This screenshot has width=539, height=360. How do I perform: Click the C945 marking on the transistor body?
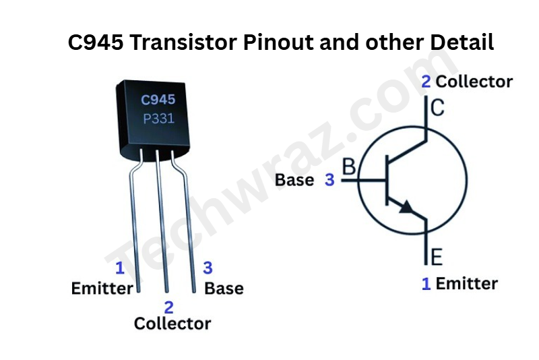coord(158,100)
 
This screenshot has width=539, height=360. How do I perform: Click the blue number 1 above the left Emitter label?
coord(120,268)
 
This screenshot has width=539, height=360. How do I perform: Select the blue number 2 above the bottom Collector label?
coord(168,307)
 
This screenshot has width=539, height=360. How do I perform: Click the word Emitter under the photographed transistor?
coord(102,289)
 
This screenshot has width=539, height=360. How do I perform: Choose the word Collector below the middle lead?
coord(172,324)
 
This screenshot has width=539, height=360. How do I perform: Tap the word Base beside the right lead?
coord(224,289)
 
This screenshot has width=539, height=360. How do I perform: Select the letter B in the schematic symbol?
coord(350,167)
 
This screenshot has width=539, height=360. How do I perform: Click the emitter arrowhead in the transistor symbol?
coord(406,207)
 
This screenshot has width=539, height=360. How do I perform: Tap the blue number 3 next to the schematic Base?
coord(329,180)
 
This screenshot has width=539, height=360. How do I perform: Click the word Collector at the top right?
coord(474,82)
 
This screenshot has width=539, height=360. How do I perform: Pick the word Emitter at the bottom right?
coord(466,284)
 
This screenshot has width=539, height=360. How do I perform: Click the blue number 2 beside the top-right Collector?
coord(426,82)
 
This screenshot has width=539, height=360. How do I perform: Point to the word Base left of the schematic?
coord(294,180)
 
